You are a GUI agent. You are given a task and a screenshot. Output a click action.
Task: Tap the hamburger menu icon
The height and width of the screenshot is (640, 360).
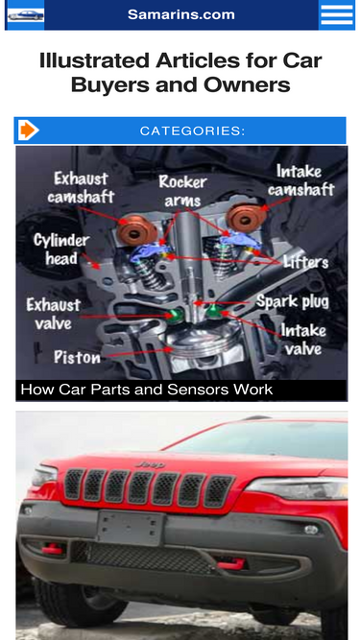click(337, 14)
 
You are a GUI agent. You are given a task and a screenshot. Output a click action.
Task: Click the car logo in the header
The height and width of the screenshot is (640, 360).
click(26, 15)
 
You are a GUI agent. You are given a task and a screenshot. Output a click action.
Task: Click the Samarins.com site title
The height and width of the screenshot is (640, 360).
click(181, 14)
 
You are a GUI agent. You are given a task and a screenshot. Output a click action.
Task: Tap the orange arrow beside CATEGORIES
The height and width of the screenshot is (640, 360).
click(28, 130)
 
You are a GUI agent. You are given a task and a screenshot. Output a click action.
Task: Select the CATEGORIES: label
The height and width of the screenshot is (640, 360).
click(193, 130)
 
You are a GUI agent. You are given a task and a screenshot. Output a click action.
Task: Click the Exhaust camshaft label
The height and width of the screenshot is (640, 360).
click(81, 188)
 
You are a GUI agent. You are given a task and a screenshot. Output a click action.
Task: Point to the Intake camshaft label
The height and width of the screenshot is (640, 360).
click(300, 180)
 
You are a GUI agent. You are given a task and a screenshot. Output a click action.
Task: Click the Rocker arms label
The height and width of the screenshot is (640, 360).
click(182, 191)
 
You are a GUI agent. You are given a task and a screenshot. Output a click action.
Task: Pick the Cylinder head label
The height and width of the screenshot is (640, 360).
click(61, 249)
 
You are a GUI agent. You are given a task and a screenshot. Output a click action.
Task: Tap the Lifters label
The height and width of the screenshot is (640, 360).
click(305, 262)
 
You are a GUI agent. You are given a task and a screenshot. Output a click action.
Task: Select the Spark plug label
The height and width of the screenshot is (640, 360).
click(292, 301)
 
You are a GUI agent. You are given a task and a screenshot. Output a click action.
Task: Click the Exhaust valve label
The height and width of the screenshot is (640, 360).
click(54, 314)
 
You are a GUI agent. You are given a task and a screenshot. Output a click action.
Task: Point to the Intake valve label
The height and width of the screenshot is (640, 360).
click(303, 340)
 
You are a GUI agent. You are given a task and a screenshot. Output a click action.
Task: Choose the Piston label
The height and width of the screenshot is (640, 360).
click(77, 357)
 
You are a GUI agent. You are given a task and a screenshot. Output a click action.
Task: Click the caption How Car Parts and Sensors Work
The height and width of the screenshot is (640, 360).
click(147, 390)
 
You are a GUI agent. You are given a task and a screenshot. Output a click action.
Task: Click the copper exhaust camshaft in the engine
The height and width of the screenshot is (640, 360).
click(136, 229)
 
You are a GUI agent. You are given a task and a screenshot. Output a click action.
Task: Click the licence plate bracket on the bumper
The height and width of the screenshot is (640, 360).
click(131, 528)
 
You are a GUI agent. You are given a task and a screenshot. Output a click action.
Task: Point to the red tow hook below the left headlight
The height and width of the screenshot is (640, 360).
click(52, 549)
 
